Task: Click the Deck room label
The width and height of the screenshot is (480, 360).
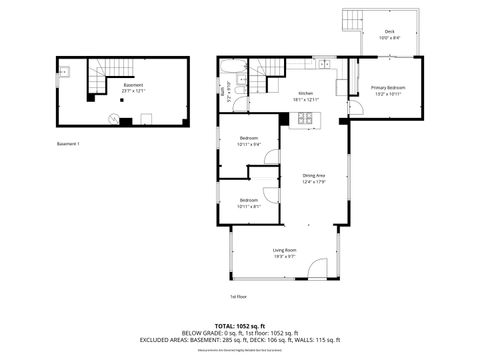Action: pos(390,34)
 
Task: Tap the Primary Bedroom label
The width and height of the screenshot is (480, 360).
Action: pos(386,91)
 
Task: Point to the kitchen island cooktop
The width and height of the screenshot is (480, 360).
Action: pos(304,119)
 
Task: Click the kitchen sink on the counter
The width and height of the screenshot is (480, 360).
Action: pos(324,65)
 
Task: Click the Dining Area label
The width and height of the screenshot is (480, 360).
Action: pos(314,178)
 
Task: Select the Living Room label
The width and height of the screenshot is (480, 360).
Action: pos(285,253)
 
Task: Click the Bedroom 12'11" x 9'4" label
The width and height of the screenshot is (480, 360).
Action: pos(249,141)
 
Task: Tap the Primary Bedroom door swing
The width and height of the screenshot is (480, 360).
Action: pos(355,106)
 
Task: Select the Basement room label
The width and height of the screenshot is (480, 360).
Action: pos(132,87)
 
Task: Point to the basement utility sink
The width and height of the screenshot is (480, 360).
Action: pos(63,72)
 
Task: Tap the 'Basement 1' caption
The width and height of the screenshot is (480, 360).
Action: pos(68,144)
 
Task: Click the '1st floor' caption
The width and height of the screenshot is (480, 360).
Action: pos(238,297)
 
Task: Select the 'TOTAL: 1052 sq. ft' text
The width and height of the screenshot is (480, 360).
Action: pos(239,325)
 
